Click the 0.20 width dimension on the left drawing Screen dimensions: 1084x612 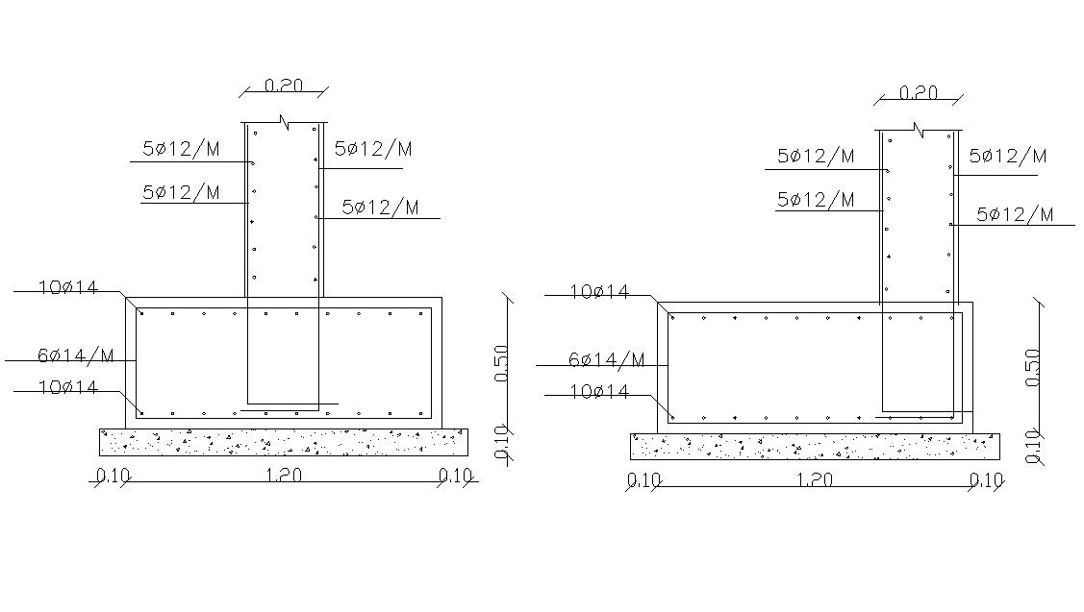(x=284, y=85)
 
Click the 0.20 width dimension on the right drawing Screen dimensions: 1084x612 (x=918, y=92)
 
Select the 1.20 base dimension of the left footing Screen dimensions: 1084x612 (x=284, y=476)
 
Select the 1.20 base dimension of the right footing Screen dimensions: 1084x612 (x=815, y=479)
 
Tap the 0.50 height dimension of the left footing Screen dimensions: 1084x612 (x=502, y=363)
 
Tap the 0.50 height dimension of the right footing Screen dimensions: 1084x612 (x=1033, y=367)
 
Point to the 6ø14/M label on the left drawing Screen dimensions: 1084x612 (x=75, y=355)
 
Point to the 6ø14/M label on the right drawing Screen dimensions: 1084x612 (x=606, y=360)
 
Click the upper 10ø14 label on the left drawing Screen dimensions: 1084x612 (x=68, y=287)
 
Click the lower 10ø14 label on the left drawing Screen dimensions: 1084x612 (x=68, y=387)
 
